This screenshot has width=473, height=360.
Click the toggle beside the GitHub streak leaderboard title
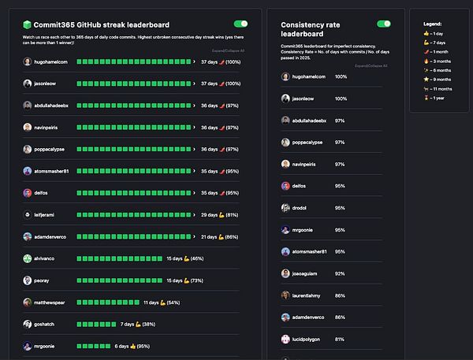coord(240,24)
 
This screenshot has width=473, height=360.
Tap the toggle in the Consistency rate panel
coord(384,24)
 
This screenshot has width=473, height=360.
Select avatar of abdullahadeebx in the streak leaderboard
coord(28,105)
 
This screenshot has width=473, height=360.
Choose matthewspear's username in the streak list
coord(54,302)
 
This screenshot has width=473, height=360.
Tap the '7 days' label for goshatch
coord(128,324)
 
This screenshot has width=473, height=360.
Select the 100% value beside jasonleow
coord(341,98)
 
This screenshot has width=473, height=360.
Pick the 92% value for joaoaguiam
coord(340,273)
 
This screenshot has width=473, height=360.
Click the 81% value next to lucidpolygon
coord(340,340)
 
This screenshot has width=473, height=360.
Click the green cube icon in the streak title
coord(28,24)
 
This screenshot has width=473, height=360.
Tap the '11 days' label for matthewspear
coord(153,302)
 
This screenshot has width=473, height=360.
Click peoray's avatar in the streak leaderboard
coord(28,280)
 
